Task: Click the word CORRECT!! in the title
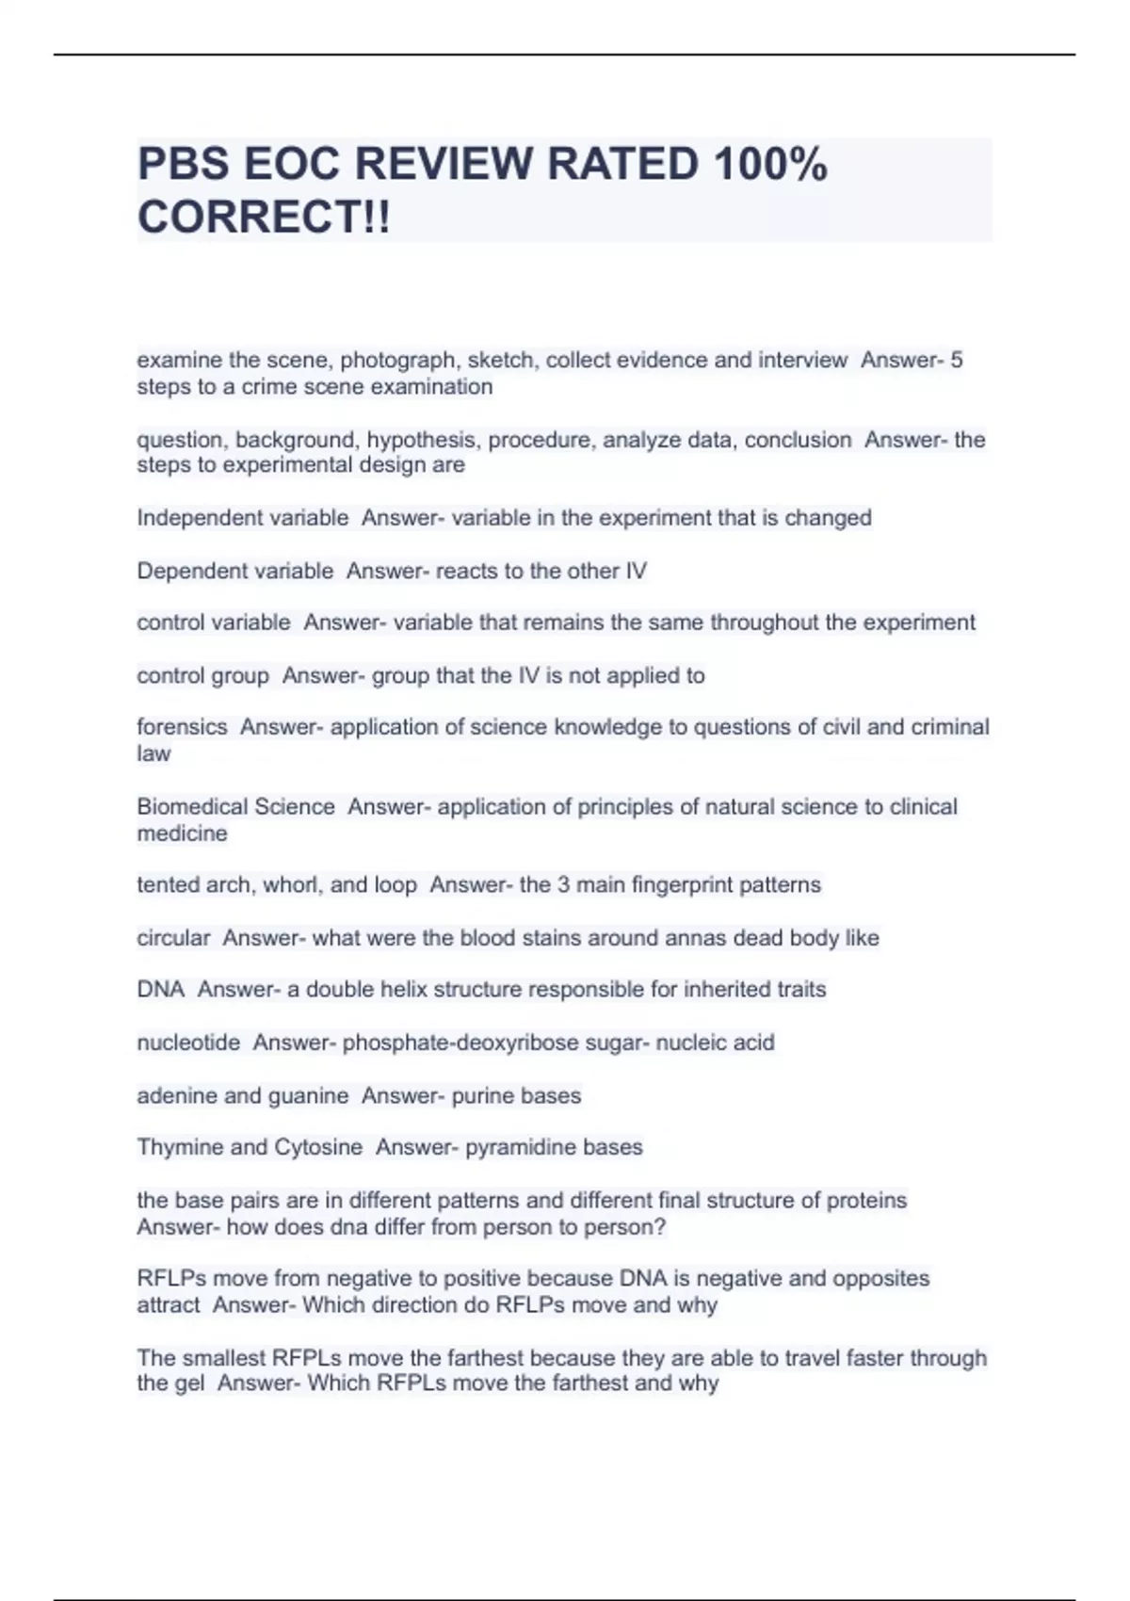tap(263, 218)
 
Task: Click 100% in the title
tap(769, 165)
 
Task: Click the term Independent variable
tap(242, 518)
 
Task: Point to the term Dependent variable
tap(234, 571)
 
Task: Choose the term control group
tap(202, 675)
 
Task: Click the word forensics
tap(182, 727)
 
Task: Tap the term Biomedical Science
tap(235, 807)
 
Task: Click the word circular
tap(173, 938)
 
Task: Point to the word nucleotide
tap(188, 1043)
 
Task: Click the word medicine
tap(182, 833)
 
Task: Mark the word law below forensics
tap(153, 753)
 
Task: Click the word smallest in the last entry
tap(223, 1358)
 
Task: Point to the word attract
tap(168, 1305)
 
